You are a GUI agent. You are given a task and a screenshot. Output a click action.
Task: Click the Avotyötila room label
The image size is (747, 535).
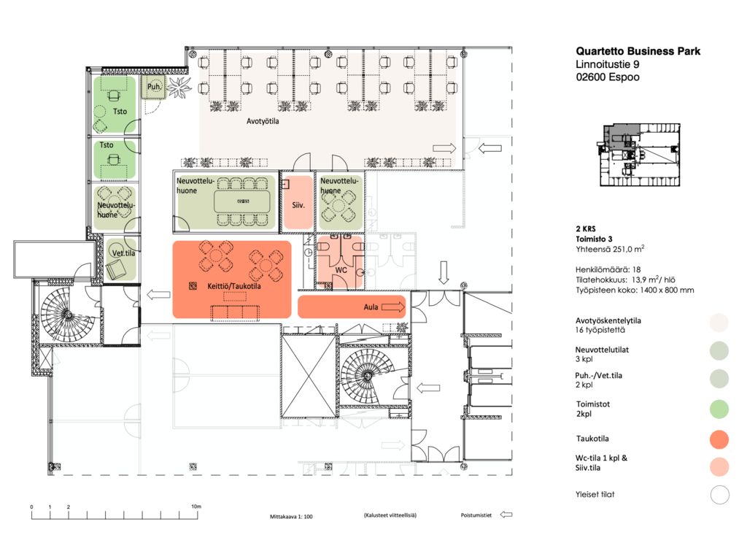click(263, 121)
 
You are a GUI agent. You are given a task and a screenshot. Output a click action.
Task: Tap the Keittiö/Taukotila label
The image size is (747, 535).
click(234, 286)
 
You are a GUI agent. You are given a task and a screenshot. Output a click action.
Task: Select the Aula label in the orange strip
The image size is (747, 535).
click(371, 307)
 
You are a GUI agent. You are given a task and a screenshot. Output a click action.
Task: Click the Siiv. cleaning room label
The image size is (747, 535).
click(298, 205)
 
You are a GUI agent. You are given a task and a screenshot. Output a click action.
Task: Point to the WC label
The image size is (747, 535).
click(341, 270)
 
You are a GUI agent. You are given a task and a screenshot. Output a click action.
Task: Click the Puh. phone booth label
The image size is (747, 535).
click(154, 87)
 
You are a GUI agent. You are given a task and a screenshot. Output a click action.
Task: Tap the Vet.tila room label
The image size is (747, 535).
click(123, 253)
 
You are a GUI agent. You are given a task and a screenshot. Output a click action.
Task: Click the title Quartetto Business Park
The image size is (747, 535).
click(638, 52)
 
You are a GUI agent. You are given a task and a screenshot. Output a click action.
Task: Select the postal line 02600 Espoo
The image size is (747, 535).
click(608, 77)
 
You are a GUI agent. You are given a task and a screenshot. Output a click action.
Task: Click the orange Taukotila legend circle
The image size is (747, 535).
click(719, 439)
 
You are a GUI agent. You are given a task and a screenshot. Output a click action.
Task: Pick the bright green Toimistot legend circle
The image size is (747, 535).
click(719, 409)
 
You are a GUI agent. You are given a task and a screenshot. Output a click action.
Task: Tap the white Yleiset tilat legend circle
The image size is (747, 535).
click(720, 495)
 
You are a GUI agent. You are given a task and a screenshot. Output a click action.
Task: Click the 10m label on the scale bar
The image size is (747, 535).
click(196, 507)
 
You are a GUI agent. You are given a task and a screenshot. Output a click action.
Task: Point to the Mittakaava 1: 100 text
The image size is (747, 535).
click(291, 517)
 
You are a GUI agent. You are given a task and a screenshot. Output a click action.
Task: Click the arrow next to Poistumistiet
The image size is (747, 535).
click(506, 515)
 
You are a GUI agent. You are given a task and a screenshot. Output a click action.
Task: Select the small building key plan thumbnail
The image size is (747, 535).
click(639, 155)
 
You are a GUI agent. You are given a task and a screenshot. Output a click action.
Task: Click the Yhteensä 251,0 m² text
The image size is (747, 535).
click(610, 248)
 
